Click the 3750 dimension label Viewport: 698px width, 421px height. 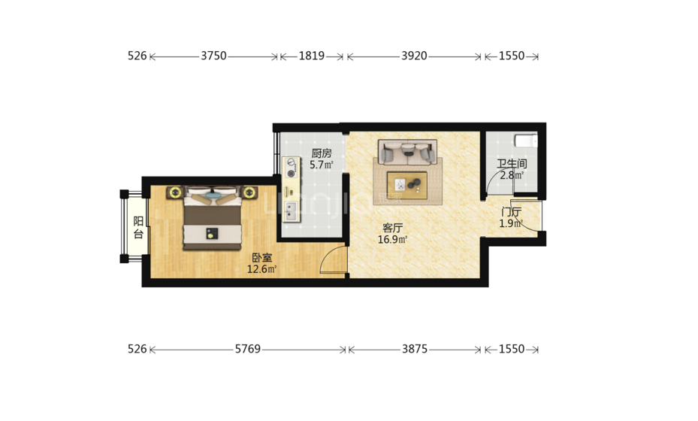point(213,56)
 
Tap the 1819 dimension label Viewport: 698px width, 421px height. point(311,56)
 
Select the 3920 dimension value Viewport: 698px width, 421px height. point(414,56)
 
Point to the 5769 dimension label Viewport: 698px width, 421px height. point(248,349)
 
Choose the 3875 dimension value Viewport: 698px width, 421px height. point(415,349)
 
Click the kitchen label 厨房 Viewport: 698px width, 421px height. point(322,153)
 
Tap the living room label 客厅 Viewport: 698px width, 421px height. point(393,228)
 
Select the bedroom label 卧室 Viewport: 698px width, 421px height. point(261,258)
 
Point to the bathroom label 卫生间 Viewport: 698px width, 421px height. point(512,164)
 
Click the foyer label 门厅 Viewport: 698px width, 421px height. point(511,212)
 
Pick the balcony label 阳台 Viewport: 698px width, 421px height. point(138,227)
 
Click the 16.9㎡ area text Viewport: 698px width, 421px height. point(393,240)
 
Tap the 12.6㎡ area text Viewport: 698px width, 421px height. point(261,269)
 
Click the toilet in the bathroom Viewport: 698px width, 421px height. point(526,141)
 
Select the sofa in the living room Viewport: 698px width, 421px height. point(407,151)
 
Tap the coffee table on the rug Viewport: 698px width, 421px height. point(407,186)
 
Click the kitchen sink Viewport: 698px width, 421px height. point(291,211)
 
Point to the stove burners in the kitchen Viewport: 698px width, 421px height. point(292,168)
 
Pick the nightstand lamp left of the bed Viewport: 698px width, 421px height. point(175,192)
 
